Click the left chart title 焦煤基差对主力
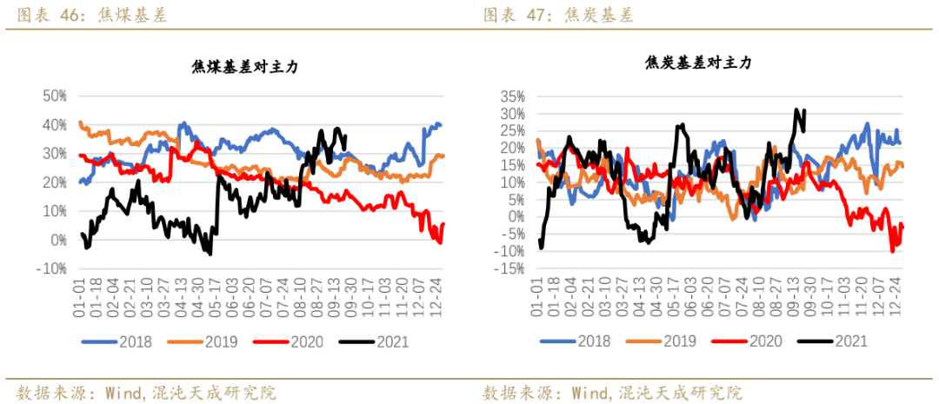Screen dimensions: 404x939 (244, 68)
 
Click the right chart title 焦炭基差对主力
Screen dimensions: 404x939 (698, 63)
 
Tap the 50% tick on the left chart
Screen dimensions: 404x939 (54, 96)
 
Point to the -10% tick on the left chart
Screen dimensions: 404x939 (52, 268)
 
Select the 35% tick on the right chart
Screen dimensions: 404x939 (512, 96)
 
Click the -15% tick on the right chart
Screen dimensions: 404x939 (510, 268)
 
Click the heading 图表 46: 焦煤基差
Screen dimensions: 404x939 (86, 15)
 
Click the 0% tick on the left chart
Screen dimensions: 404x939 (58, 240)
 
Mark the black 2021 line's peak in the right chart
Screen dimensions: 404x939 (796, 109)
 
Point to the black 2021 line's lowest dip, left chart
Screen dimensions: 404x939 (210, 253)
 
